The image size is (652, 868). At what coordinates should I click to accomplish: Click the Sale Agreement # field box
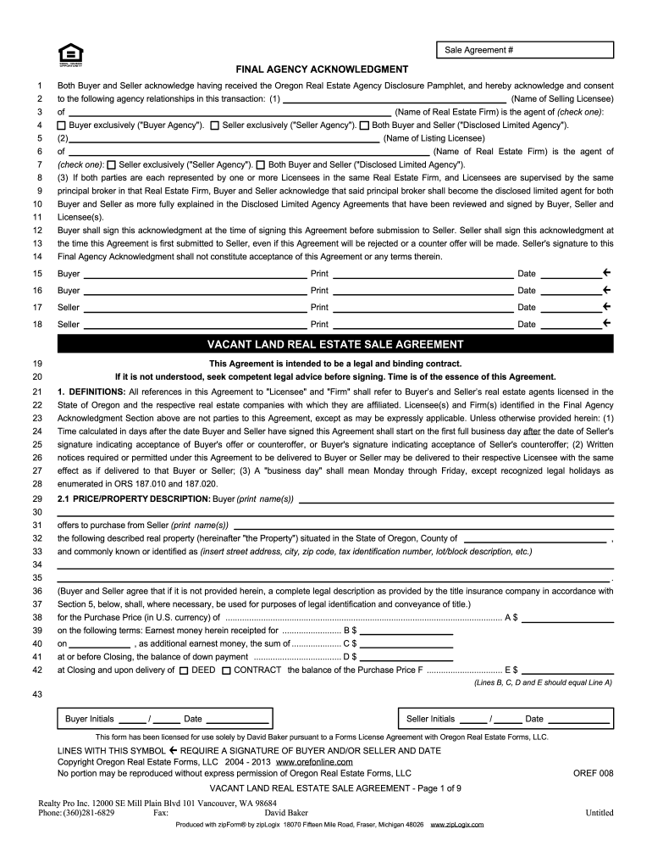pyautogui.click(x=524, y=50)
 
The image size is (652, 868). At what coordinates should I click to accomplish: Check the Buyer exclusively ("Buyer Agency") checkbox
pyautogui.click(x=62, y=125)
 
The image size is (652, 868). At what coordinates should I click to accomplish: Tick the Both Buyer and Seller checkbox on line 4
pyautogui.click(x=364, y=125)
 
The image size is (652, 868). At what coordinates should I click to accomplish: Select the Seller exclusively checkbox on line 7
pyautogui.click(x=112, y=164)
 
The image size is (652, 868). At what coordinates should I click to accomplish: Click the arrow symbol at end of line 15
pyautogui.click(x=607, y=273)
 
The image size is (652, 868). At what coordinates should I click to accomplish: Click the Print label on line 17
pyautogui.click(x=319, y=307)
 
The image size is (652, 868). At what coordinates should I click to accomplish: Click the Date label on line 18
pyautogui.click(x=527, y=324)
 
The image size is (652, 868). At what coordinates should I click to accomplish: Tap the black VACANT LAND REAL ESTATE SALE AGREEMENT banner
pyautogui.click(x=335, y=344)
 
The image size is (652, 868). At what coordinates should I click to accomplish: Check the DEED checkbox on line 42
pyautogui.click(x=184, y=670)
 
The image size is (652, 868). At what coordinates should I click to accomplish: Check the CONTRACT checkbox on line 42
pyautogui.click(x=226, y=670)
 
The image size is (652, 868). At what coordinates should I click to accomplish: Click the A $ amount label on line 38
pyautogui.click(x=511, y=617)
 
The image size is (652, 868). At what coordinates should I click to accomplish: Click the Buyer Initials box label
pyautogui.click(x=89, y=719)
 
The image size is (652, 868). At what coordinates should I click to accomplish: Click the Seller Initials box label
pyautogui.click(x=431, y=719)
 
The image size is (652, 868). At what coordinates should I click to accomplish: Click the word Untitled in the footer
pyautogui.click(x=600, y=812)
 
